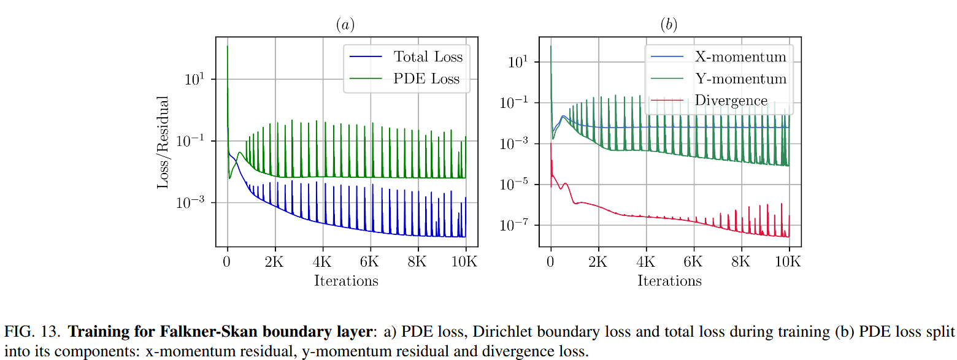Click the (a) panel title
point(345,25)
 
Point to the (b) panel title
point(668,25)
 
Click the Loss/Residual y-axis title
point(163,142)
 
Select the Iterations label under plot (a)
point(346,281)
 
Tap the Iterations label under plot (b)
point(669,281)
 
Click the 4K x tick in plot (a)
point(322,261)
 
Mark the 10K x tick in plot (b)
point(788,261)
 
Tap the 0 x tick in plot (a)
point(227,261)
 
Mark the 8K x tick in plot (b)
point(741,261)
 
